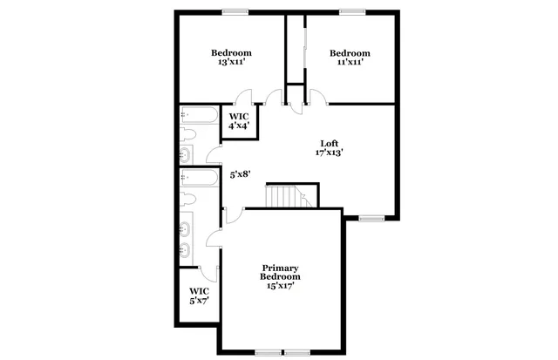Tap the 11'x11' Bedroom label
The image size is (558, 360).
pos(350,57)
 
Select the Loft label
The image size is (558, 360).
pos(329,144)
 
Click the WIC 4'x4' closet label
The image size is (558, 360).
pos(239,120)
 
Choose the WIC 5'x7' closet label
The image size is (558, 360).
pos(199,295)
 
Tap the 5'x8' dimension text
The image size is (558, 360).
pos(240,174)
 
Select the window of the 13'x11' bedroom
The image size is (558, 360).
pos(234,11)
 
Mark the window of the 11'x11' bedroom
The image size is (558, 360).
pos(352,11)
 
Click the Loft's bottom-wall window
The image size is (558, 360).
pos(371,218)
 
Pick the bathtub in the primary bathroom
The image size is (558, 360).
pos(201,177)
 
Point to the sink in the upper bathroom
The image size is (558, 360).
pos(186,155)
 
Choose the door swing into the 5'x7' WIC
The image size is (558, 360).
pos(207,272)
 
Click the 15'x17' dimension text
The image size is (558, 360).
pos(281,288)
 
